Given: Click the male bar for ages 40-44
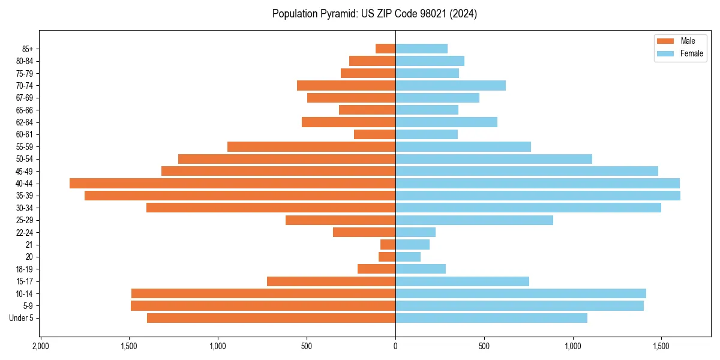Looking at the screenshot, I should [x=232, y=184].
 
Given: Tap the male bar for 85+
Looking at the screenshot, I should [x=385, y=49].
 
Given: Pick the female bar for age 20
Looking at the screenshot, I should [x=408, y=257].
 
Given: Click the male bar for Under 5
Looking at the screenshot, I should [x=271, y=318].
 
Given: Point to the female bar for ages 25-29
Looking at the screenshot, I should [x=474, y=220].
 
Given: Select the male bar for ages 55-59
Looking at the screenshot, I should [x=311, y=147].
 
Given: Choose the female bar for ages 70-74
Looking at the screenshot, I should [x=451, y=86].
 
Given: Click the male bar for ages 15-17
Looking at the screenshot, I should [x=331, y=281].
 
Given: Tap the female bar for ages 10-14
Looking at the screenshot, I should [x=521, y=293].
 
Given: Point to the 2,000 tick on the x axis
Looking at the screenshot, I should [x=40, y=346].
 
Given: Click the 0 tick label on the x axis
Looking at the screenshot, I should [x=395, y=346].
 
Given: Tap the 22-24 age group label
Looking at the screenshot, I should [x=24, y=233].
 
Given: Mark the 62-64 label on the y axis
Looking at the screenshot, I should [x=24, y=122].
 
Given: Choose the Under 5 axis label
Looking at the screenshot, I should [x=21, y=318].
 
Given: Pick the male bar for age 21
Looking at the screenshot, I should [x=388, y=245].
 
